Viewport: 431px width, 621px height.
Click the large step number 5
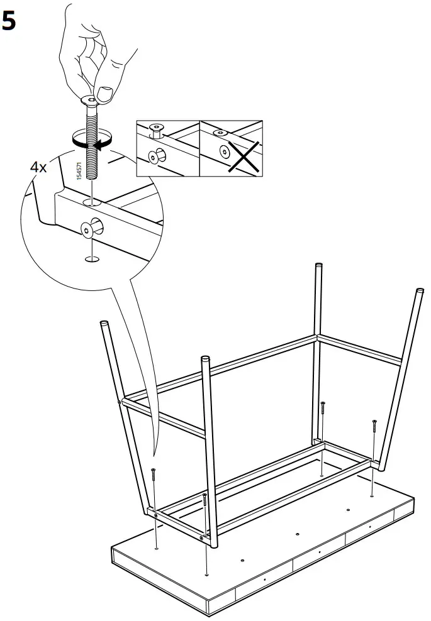10,21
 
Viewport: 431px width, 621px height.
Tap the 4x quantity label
38,167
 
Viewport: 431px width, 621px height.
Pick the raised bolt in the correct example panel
157,130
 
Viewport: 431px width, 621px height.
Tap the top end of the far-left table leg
104,325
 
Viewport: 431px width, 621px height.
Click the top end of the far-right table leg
420,292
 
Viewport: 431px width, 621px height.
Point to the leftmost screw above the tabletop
153,476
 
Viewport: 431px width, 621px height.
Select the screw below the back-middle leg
322,411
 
